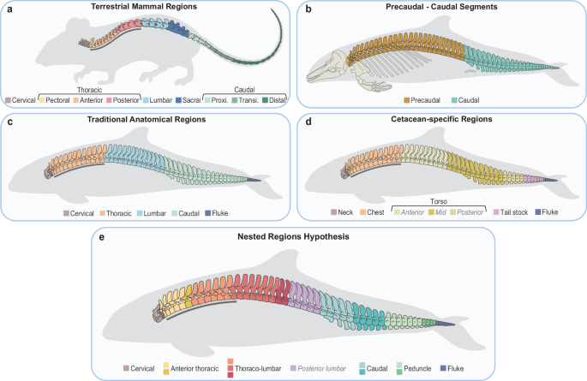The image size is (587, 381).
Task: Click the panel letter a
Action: tap(9, 9)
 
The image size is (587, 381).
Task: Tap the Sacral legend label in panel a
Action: tap(192, 101)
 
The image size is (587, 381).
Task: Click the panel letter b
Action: tap(307, 9)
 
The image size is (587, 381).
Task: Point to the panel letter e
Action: tap(104, 235)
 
